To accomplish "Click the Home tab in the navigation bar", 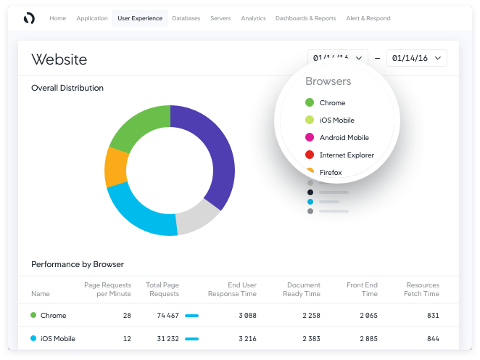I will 57,18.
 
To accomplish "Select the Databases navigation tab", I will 186,18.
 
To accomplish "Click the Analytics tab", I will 253,18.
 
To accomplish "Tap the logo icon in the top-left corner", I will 29,18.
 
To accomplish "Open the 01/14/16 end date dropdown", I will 416,58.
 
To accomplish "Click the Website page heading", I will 59,60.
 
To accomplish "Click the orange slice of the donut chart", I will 116,167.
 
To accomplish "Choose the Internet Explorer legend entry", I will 347,155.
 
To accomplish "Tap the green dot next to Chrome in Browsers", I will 310,103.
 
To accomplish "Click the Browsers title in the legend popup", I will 328,81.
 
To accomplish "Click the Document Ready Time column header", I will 303,290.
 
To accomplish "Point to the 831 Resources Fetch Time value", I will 432,316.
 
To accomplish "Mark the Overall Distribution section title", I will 67,88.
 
